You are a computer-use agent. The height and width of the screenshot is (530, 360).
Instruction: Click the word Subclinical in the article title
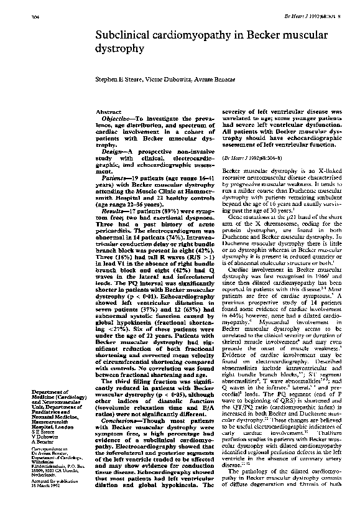(x=122, y=39)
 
